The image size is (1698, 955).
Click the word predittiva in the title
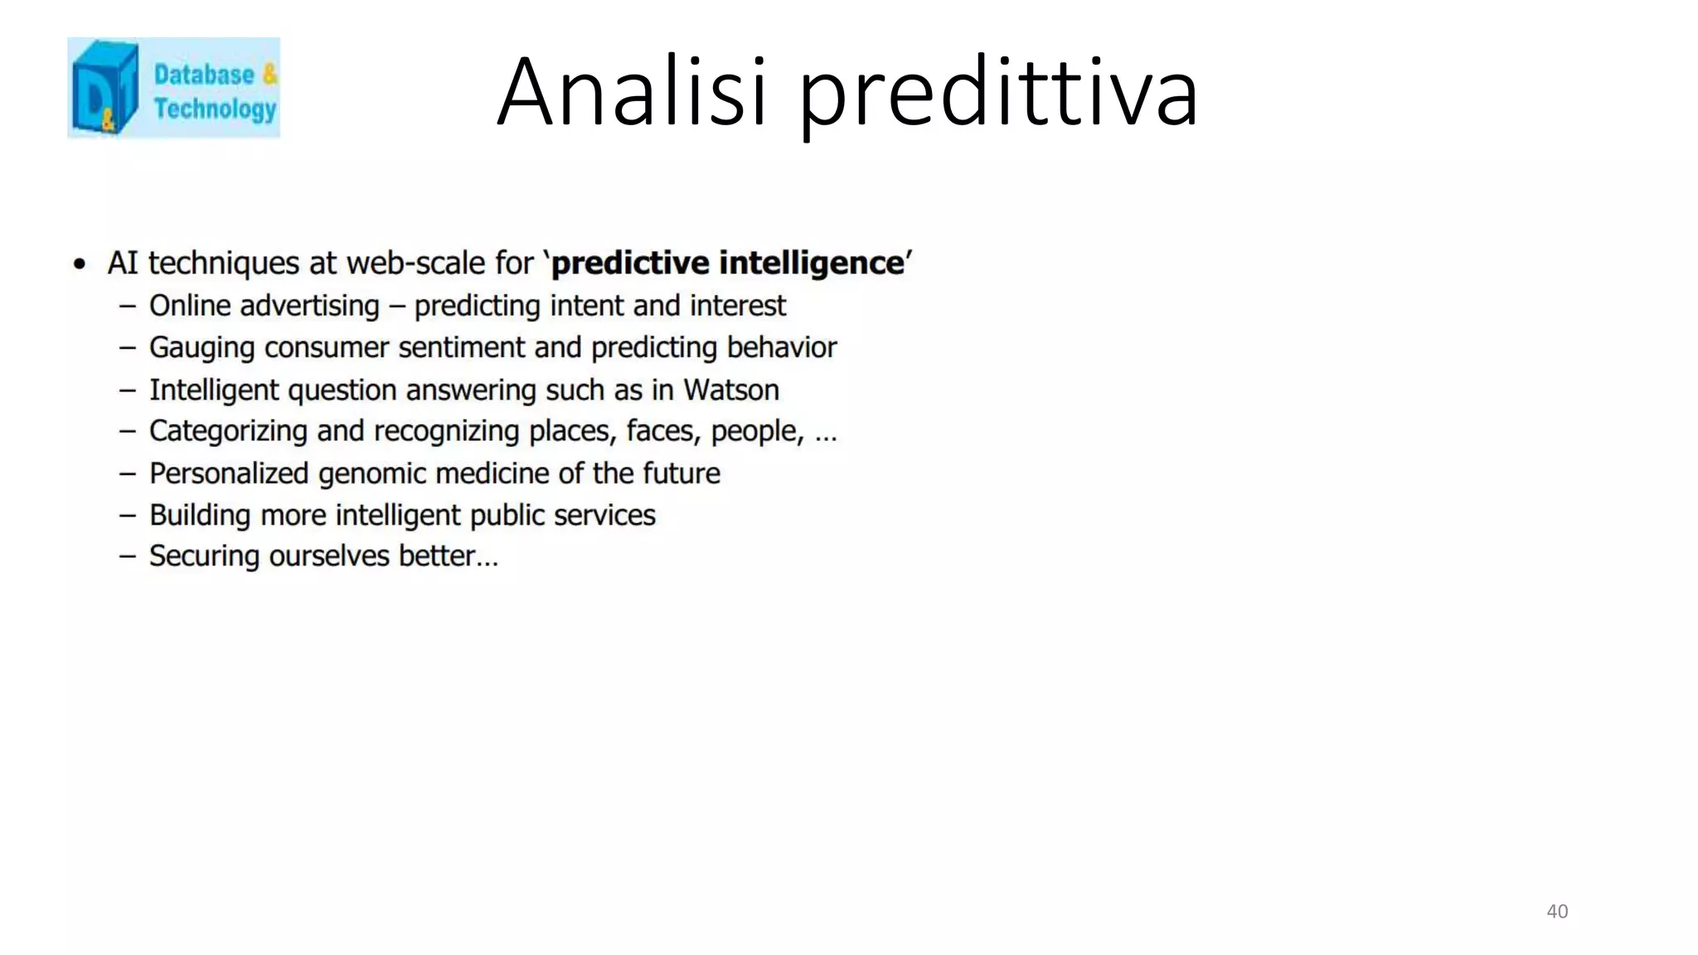998,93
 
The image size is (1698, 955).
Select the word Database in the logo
204,75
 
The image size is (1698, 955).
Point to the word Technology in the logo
215,109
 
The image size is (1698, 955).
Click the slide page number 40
1557,911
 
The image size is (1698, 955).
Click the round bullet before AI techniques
80,264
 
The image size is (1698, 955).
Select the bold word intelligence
811,263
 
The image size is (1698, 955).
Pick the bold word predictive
630,263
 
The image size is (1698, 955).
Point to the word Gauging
201,347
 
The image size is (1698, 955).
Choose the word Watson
730,390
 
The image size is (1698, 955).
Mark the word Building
200,515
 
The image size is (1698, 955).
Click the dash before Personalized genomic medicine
127,473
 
